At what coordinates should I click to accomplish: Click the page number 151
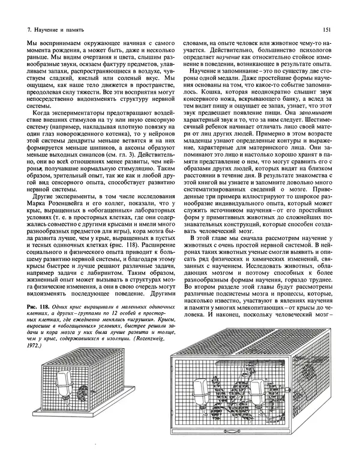pyautogui.click(x=325, y=28)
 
